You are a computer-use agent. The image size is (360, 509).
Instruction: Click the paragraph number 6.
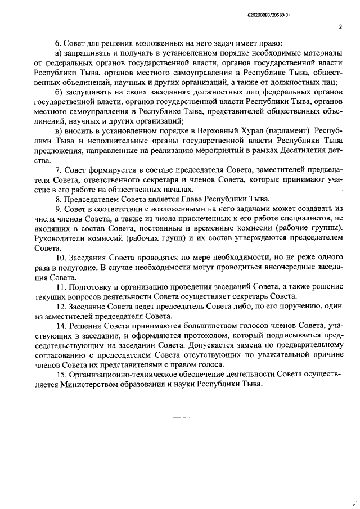click(x=57, y=43)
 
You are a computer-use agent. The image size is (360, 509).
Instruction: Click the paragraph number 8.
click(x=57, y=199)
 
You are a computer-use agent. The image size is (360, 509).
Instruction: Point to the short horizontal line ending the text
click(x=189, y=416)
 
